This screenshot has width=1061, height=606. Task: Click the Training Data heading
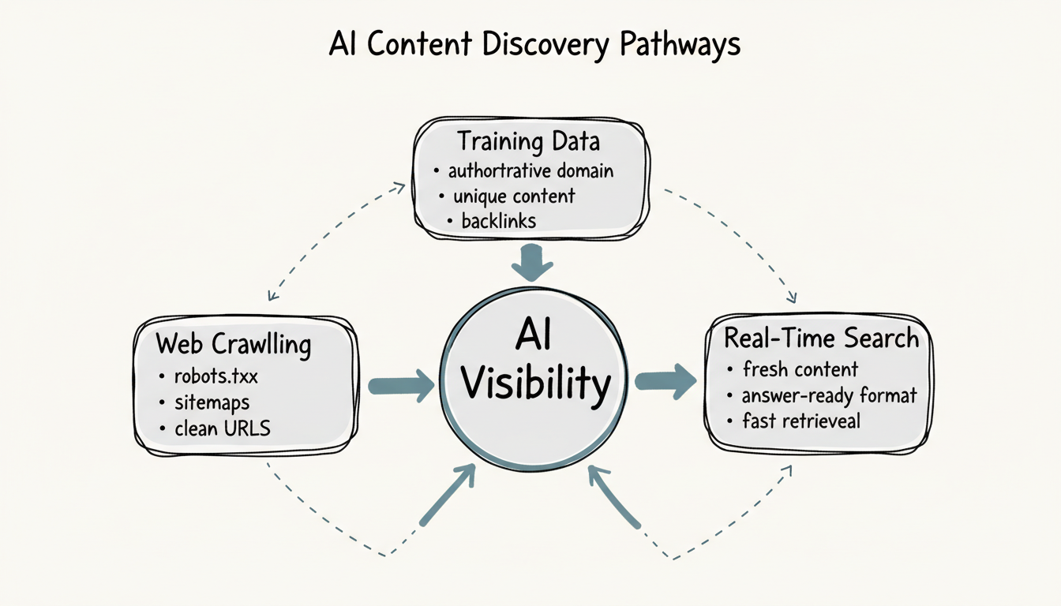coord(529,142)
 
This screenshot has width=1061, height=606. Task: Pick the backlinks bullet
coord(498,221)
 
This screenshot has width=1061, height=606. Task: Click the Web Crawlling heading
coord(234,345)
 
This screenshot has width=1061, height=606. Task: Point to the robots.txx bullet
coord(216,376)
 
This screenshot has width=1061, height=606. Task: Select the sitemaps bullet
coord(212,402)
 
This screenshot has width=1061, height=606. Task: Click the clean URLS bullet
coord(222,429)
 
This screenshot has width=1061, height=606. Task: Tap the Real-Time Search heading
coord(822,339)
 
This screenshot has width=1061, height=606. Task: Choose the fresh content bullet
coord(800,368)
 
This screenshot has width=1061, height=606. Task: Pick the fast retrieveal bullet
coord(800,421)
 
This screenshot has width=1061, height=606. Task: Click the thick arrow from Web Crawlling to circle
coord(401,386)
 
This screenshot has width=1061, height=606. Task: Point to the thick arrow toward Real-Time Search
coord(665,381)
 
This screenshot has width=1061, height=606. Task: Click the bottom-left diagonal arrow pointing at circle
coord(448,495)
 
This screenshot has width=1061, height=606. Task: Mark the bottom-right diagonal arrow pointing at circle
coord(613,496)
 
